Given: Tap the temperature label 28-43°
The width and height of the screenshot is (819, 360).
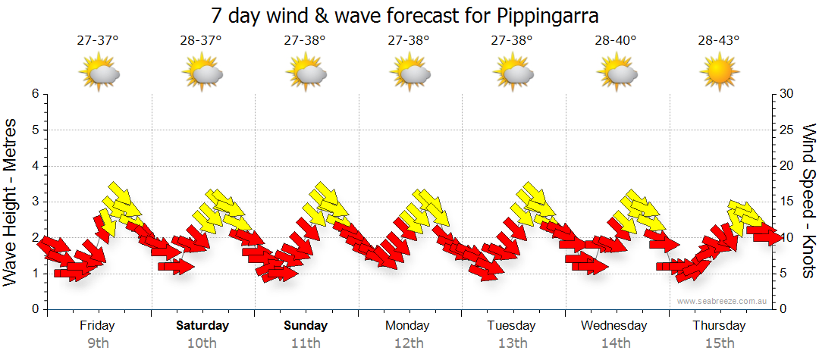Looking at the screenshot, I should [719, 41].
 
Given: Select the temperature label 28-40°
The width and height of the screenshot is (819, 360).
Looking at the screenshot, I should [616, 41].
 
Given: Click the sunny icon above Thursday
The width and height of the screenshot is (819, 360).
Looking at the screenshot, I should [719, 74].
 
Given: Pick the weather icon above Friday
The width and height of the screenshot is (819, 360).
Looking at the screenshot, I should [99, 74].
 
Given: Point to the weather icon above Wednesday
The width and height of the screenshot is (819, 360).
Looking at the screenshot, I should [616, 74].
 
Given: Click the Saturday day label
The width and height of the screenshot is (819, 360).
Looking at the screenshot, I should [202, 326].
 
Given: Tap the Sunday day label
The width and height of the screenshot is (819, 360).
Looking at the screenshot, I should [306, 326].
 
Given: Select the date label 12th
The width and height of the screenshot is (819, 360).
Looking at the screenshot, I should [409, 343].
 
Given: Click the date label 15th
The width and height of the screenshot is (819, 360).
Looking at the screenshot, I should [720, 343].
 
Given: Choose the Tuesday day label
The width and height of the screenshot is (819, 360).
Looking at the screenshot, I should [513, 326].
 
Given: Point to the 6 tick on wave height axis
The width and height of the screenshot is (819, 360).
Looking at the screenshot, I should [35, 94].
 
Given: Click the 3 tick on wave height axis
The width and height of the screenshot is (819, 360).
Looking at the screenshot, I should [35, 202].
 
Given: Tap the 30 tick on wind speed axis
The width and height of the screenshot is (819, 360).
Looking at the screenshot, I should [786, 94].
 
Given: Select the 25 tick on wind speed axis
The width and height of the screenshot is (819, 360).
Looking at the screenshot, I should [786, 130].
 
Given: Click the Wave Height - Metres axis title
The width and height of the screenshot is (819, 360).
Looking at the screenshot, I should [11, 201].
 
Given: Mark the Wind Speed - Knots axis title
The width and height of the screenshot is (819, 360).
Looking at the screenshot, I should [808, 201].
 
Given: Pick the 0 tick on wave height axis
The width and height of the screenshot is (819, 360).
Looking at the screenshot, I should [35, 309].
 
